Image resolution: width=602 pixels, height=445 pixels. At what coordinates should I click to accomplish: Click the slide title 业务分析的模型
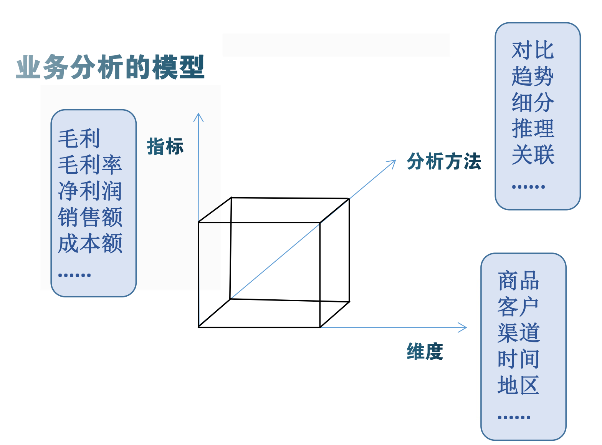click(110, 67)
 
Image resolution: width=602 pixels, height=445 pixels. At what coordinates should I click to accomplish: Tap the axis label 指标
click(165, 146)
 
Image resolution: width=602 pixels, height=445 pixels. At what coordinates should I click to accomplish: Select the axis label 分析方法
click(444, 161)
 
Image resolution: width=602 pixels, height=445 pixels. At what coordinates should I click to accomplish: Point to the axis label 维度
click(425, 351)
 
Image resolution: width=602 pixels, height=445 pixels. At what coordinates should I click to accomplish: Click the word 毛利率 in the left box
click(90, 164)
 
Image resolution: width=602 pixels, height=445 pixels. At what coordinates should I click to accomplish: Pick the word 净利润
click(90, 191)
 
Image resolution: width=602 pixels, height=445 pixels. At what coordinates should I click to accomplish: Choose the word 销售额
click(90, 217)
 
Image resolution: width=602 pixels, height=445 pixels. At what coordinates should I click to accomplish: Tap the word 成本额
click(90, 243)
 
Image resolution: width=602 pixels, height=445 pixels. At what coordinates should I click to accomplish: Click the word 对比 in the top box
click(533, 50)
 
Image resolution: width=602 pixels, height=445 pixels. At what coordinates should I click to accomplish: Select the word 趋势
click(533, 76)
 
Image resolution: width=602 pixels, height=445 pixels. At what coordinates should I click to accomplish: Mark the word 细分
click(533, 103)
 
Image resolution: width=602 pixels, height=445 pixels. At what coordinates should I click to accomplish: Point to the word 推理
click(533, 129)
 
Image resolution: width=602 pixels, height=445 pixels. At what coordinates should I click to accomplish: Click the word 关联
click(533, 155)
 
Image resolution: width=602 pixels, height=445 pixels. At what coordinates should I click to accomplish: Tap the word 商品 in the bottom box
click(519, 281)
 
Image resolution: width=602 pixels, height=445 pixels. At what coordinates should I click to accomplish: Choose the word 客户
click(519, 307)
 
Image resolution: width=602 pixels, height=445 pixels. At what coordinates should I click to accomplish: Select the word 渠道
click(519, 333)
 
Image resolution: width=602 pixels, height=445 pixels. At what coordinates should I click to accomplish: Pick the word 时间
click(519, 359)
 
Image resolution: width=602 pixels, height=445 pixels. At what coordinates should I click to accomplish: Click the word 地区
click(519, 385)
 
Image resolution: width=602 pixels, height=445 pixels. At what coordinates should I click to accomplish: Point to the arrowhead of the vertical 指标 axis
click(198, 115)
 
